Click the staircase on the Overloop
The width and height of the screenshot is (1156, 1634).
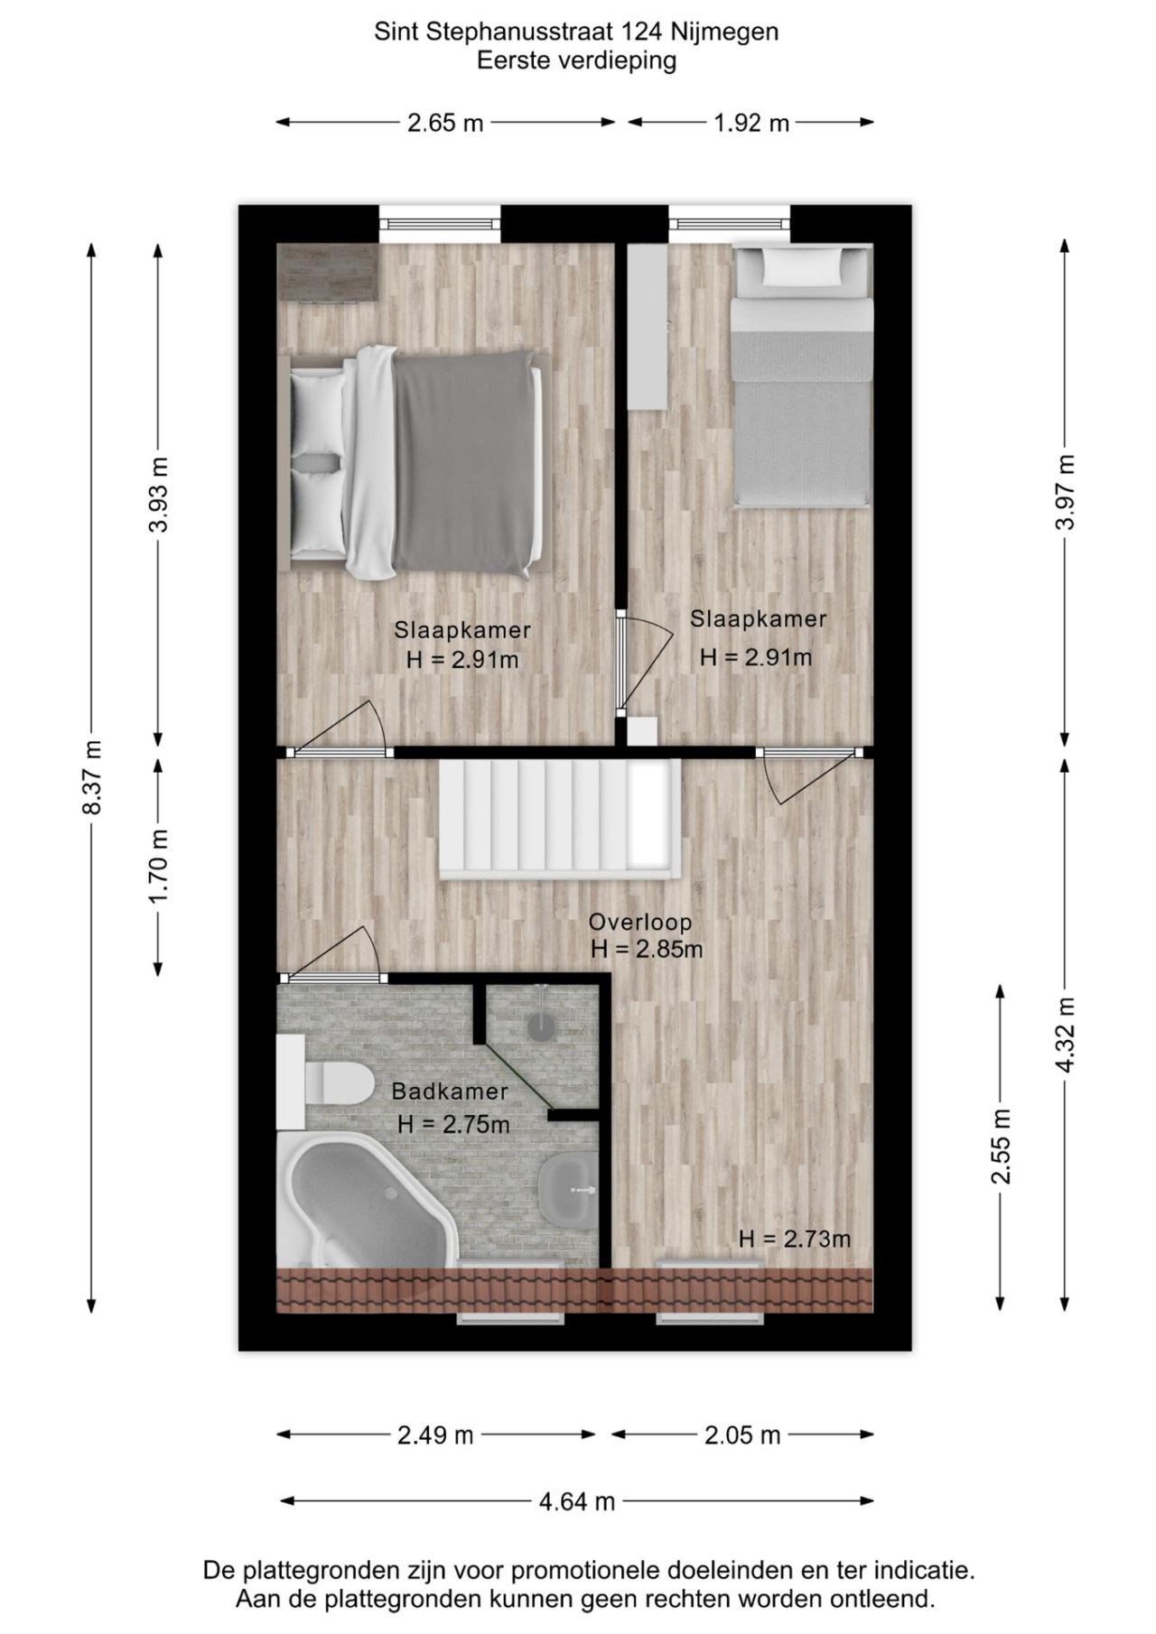click(559, 818)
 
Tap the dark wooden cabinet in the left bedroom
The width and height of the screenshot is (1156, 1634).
click(326, 272)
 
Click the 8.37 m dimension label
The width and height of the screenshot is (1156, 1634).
click(91, 777)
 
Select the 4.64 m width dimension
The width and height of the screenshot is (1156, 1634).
click(577, 1501)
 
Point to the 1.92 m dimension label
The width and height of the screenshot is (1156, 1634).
click(751, 123)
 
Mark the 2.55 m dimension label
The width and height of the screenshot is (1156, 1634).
click(1001, 1146)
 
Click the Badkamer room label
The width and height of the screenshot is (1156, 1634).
click(450, 1091)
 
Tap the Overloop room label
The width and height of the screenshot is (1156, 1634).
click(640, 922)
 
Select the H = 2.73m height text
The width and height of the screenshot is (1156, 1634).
click(795, 1239)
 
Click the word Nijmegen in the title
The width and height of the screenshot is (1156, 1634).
click(725, 33)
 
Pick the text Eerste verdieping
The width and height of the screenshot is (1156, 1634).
click(576, 61)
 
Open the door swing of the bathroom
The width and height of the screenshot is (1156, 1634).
click(331, 952)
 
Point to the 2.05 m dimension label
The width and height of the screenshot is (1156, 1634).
click(742, 1434)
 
